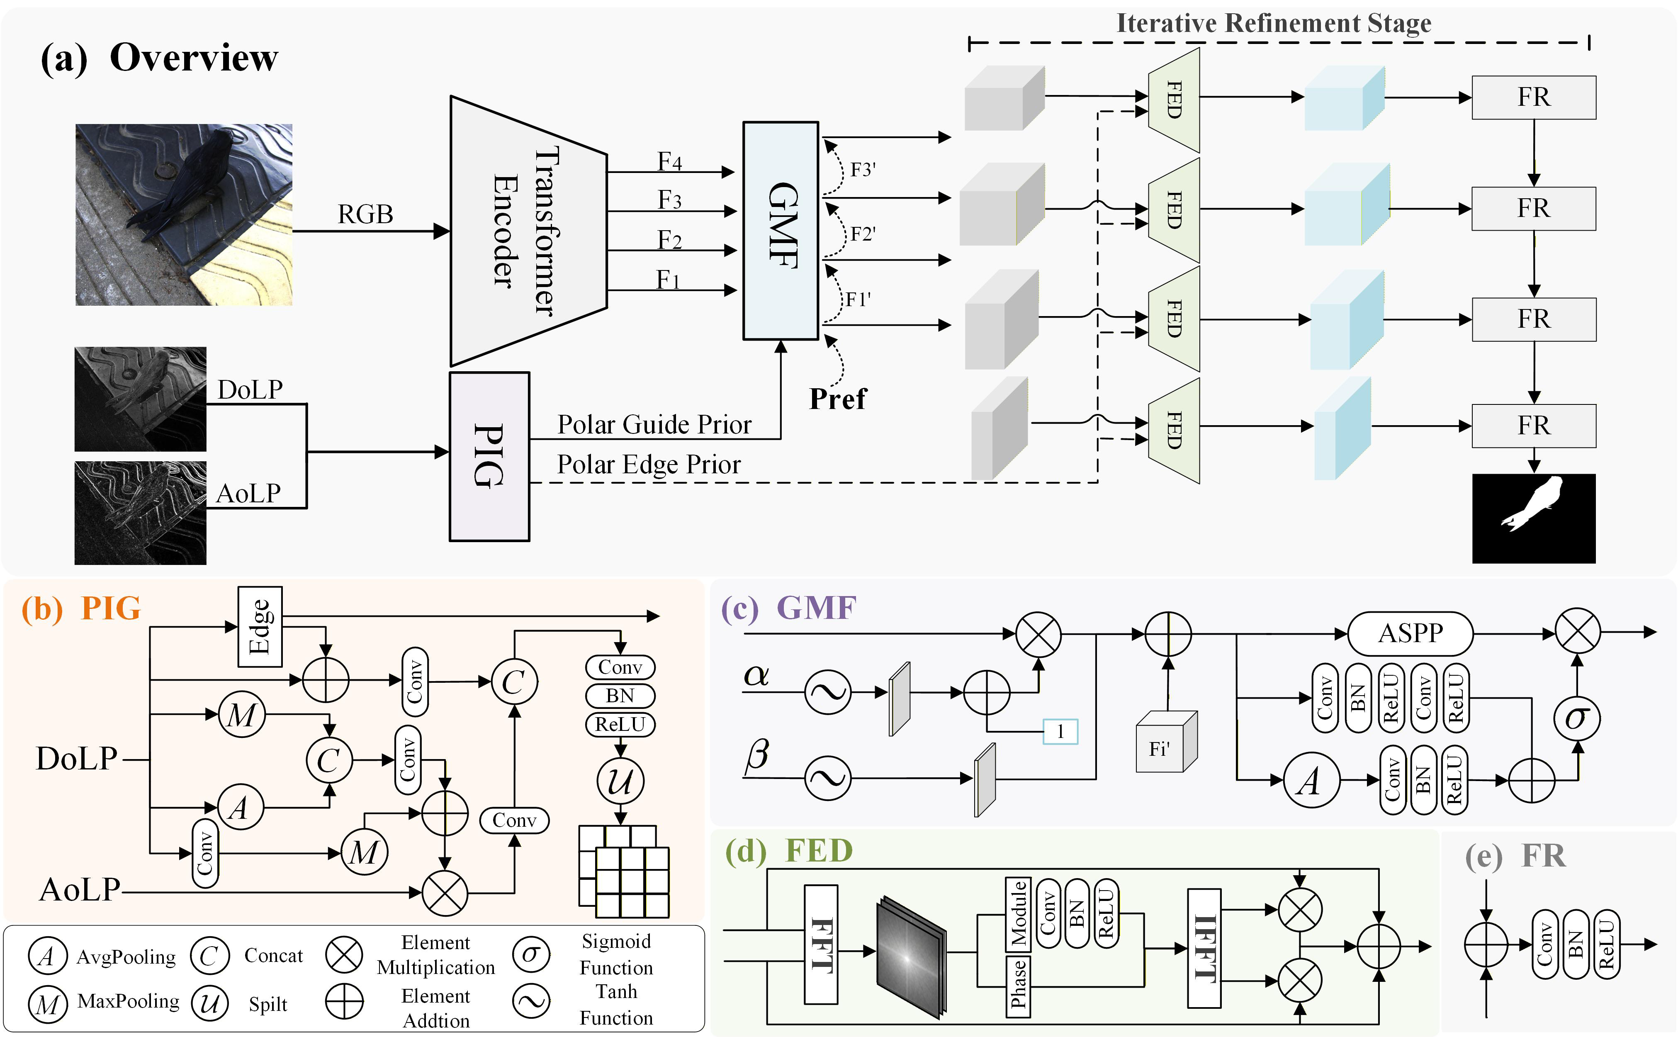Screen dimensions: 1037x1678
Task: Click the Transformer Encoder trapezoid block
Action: (x=527, y=231)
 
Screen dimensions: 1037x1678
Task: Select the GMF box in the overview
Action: (x=781, y=231)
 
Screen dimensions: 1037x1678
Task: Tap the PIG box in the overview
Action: (x=489, y=456)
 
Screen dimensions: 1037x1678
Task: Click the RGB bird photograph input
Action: (x=184, y=215)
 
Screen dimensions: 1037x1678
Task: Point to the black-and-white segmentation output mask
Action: (x=1533, y=518)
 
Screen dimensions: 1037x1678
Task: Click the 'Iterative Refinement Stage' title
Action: (x=1273, y=23)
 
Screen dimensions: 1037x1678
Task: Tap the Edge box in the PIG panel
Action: (x=260, y=626)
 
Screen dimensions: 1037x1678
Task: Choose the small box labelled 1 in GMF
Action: (x=1060, y=731)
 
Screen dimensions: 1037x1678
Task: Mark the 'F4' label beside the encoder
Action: (x=669, y=162)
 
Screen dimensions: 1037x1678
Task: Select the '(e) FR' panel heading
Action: (x=1515, y=857)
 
